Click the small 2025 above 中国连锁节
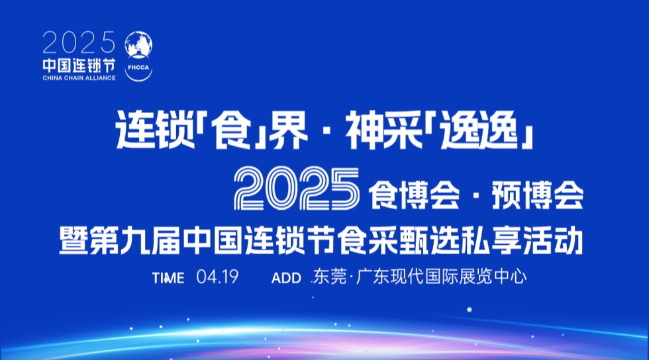tap(79, 44)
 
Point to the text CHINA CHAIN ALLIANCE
tap(79, 78)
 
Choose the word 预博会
tap(535, 191)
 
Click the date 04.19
tap(217, 277)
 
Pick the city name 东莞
tap(330, 277)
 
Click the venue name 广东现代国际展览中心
tap(441, 277)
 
